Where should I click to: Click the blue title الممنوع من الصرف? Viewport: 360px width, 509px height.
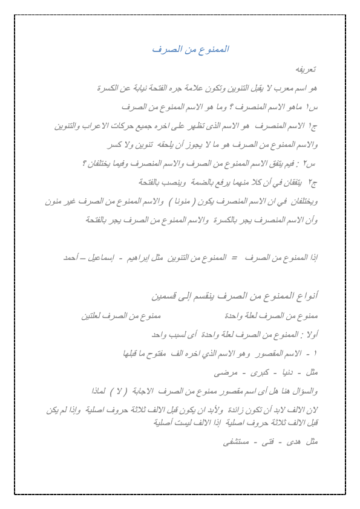pyautogui.click(x=190, y=49)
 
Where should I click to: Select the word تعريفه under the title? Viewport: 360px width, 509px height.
pyautogui.click(x=307, y=70)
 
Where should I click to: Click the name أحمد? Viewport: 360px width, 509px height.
pyautogui.click(x=71, y=258)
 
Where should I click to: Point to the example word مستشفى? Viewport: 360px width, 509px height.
pyautogui.click(x=237, y=442)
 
